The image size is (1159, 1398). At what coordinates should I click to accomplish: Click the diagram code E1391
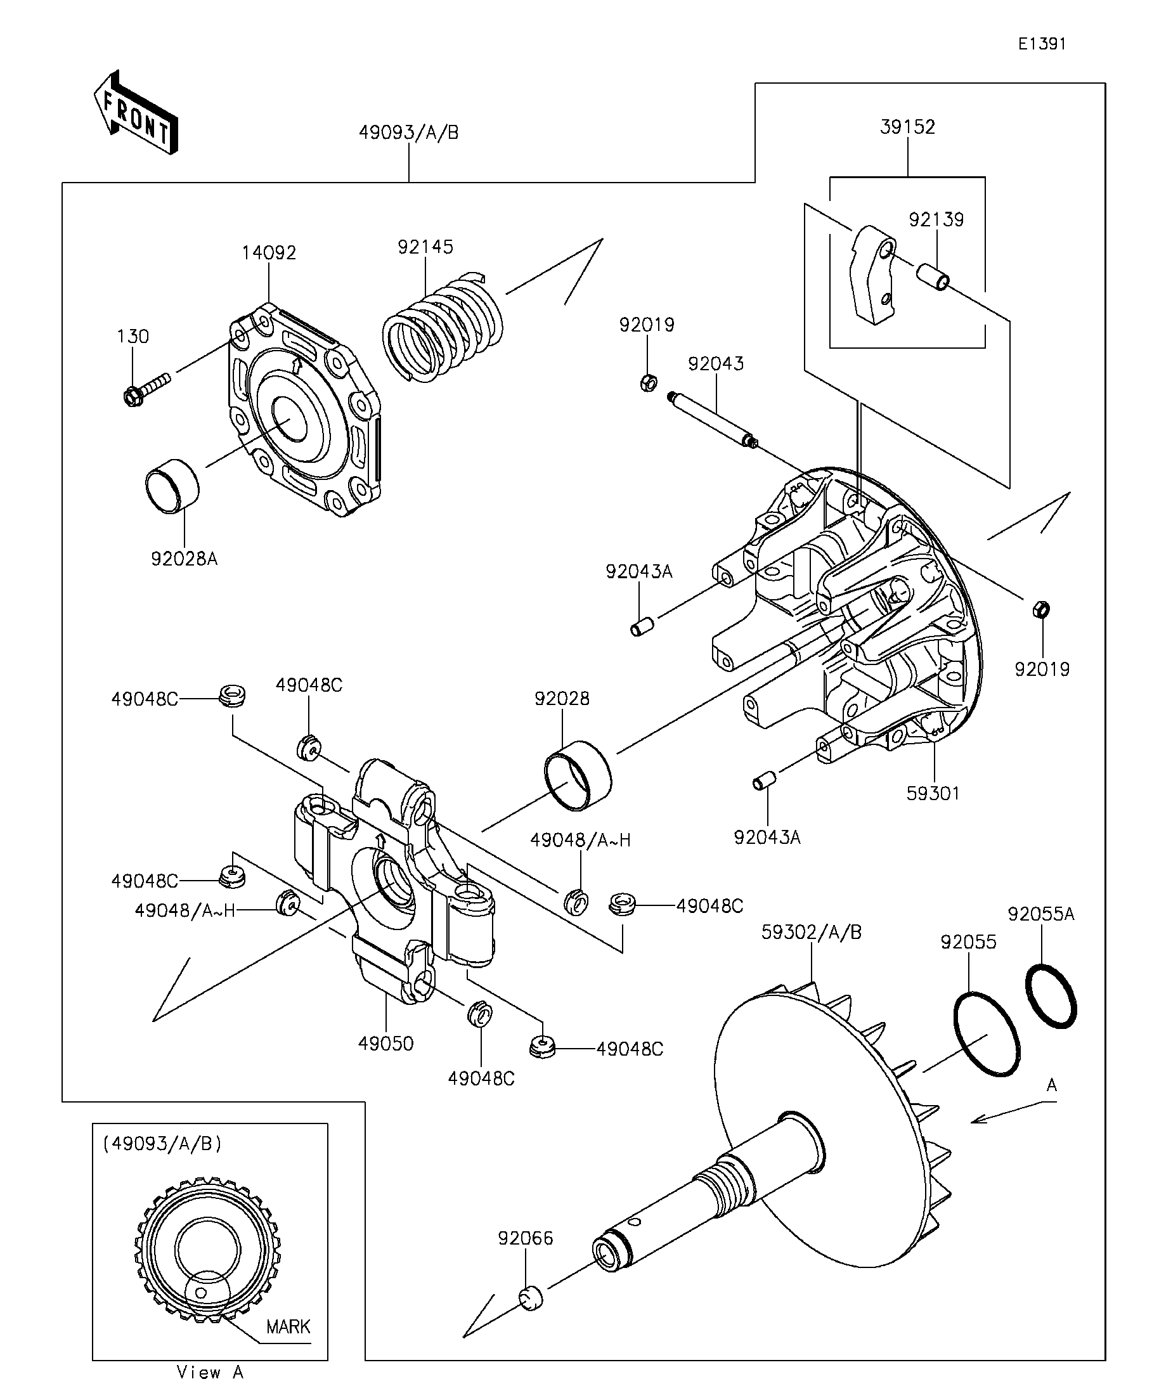(1042, 44)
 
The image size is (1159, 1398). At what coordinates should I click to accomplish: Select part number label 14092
(269, 252)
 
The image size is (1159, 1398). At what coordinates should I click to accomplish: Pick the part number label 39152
(907, 127)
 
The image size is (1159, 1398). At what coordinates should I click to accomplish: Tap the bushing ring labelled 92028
(578, 775)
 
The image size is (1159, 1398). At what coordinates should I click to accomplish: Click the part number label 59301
(933, 793)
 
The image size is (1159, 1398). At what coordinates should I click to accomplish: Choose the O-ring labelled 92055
(987, 1034)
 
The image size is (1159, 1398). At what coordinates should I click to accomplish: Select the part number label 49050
(386, 1043)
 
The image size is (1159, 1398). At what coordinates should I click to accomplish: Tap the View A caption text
(210, 1372)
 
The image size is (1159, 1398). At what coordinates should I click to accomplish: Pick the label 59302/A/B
(812, 932)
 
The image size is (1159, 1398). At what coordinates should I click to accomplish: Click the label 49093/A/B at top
(409, 133)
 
